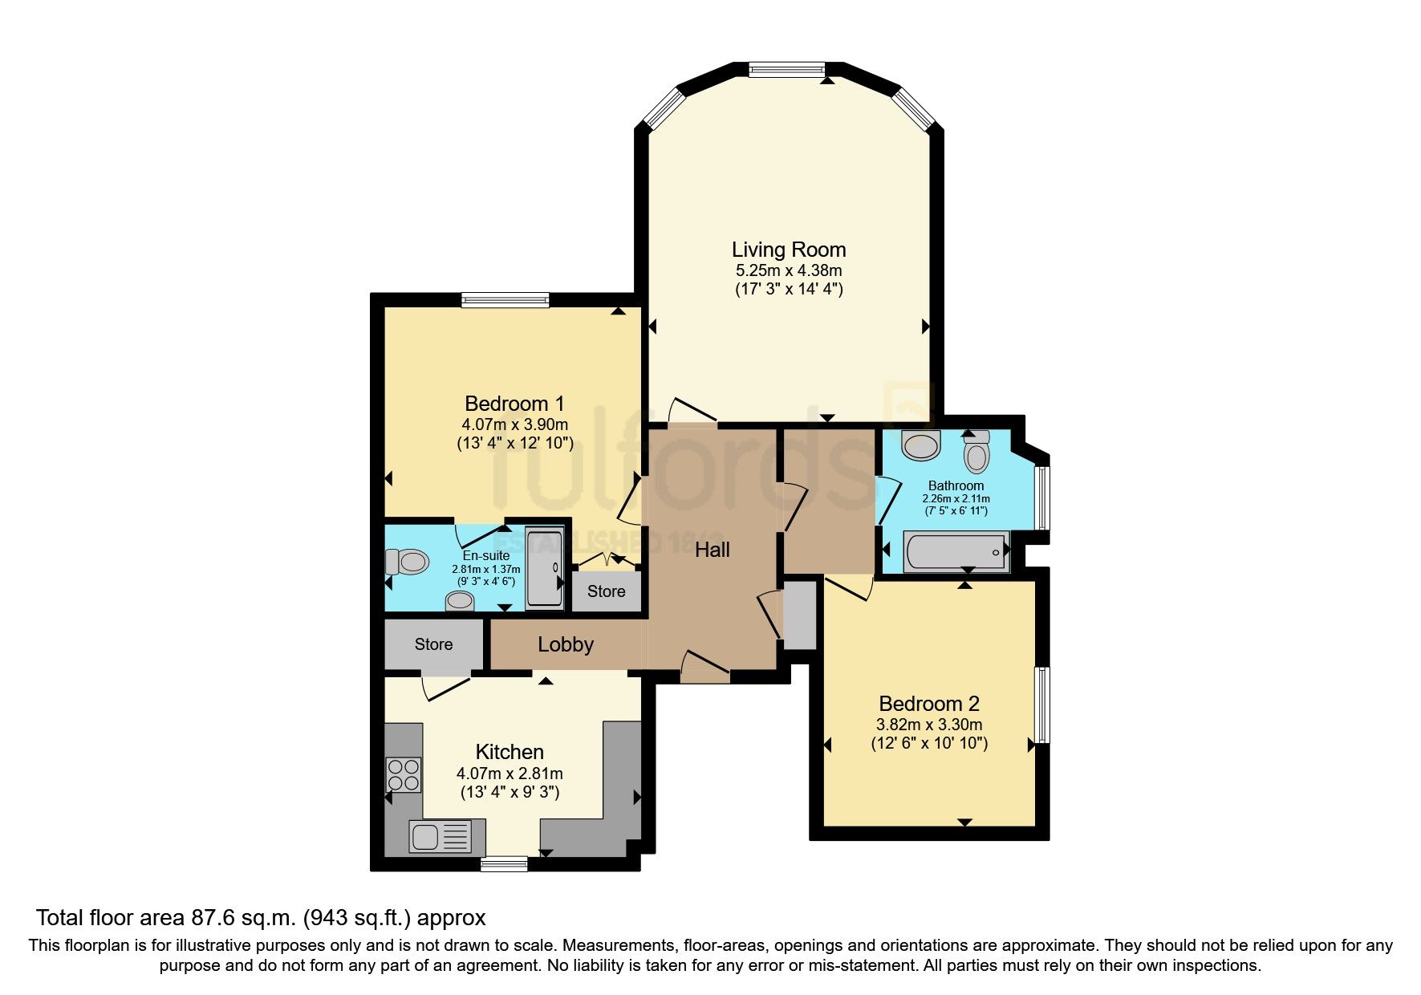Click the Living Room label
point(788,250)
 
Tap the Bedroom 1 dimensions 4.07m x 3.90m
point(514,424)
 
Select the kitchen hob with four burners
point(404,774)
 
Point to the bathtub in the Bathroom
point(956,552)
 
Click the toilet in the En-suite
point(407,562)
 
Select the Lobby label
point(566,644)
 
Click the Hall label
point(712,550)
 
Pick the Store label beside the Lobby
point(433,644)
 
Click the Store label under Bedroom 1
point(606,591)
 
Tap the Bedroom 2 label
point(929,704)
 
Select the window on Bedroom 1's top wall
point(505,300)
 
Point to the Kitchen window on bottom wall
point(504,863)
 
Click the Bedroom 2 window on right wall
point(1041,705)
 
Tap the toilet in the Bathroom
point(976,453)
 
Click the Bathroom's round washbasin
point(920,445)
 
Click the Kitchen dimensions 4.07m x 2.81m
point(510,774)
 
